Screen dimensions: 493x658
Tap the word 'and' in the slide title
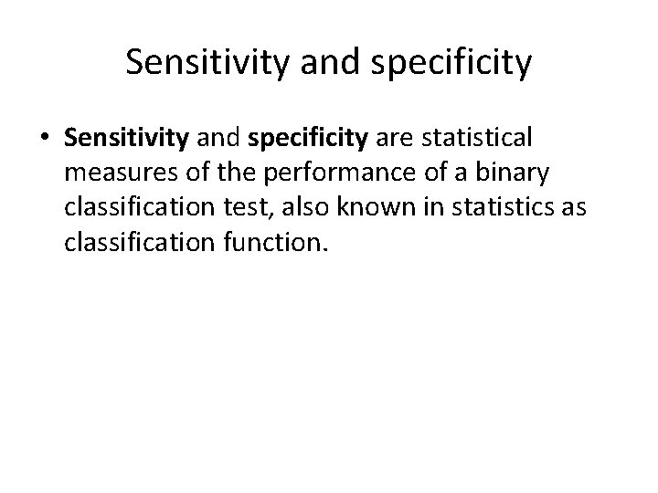click(320, 63)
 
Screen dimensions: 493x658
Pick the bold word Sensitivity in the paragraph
click(126, 139)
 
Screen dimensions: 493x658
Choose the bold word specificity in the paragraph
click(306, 139)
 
